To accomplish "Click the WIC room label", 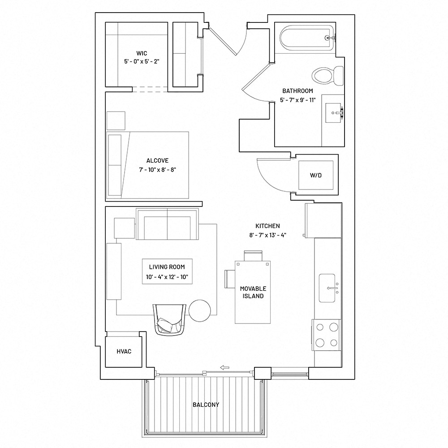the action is [142, 53].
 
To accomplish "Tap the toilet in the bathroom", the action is [327, 76].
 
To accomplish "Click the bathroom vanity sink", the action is [334, 113].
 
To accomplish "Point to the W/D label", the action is [316, 175].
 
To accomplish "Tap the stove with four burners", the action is [326, 335].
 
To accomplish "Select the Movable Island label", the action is [253, 292].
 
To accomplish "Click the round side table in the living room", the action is [200, 311].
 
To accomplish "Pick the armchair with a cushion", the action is [169, 319].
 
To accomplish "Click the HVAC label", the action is [124, 351].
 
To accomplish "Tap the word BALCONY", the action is [206, 405].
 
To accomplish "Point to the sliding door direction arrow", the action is [224, 367].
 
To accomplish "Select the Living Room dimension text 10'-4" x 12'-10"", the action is [167, 277].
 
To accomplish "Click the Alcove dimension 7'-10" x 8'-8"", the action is [157, 170].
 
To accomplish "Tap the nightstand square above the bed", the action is [116, 121].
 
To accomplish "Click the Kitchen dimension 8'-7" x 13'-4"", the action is [268, 235].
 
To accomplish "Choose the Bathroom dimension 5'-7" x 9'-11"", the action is [298, 100].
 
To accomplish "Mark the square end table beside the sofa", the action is [124, 228].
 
